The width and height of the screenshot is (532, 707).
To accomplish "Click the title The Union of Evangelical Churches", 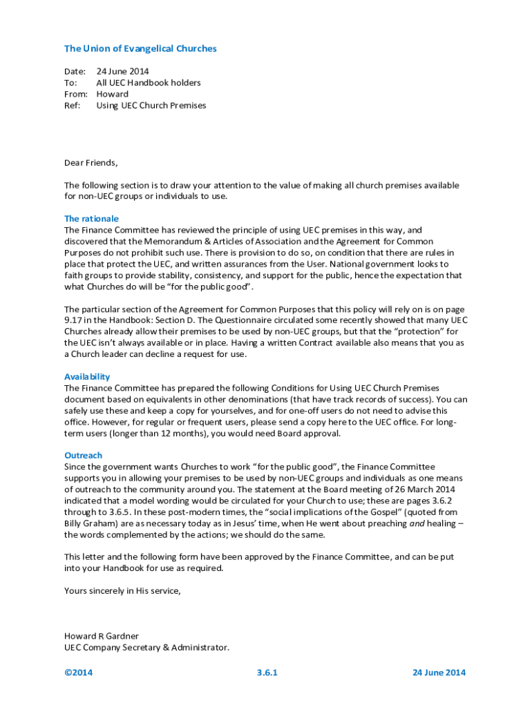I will click(x=140, y=49).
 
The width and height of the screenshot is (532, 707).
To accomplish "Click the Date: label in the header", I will click(x=75, y=71).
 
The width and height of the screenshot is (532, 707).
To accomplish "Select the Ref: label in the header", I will click(x=73, y=106).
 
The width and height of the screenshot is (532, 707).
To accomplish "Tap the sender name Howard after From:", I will click(x=112, y=94).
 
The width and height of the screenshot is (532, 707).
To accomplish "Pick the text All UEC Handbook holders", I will click(x=149, y=83).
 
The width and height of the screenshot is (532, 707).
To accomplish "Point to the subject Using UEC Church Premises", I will click(x=151, y=106).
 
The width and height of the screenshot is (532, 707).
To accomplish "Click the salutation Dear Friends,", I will click(x=91, y=163).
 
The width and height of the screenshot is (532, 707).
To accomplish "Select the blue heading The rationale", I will click(x=91, y=219).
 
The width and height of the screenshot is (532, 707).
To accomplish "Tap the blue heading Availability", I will click(x=87, y=377).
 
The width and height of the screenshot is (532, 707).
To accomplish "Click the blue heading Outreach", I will click(x=83, y=456).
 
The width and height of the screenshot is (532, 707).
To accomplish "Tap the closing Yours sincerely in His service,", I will click(x=122, y=590).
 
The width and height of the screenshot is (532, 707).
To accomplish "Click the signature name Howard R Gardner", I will click(x=102, y=636).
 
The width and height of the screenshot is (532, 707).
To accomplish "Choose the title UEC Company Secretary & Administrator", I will click(x=146, y=648).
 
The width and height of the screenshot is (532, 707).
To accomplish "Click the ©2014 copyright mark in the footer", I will click(x=78, y=673).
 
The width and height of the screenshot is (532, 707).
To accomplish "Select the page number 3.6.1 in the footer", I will click(x=267, y=673).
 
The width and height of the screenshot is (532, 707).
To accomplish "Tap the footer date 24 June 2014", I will click(x=439, y=673).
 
